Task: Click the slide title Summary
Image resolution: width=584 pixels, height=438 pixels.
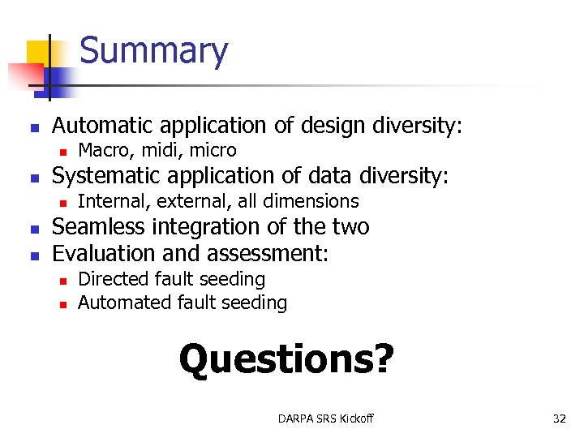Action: pos(154,50)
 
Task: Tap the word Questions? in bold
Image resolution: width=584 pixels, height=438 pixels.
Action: pos(286,359)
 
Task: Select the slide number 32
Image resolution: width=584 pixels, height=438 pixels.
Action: pos(559,419)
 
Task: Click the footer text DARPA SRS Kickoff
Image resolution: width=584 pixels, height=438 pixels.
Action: pos(325,419)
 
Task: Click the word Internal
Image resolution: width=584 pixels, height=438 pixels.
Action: pos(107,201)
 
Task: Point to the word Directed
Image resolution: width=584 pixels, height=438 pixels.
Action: pos(109,279)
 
